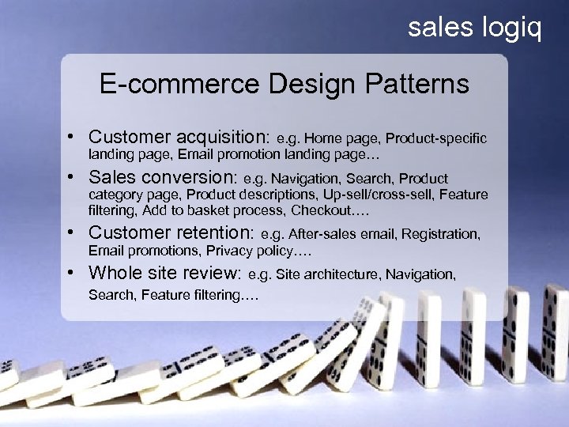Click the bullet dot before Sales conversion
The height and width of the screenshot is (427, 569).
point(71,177)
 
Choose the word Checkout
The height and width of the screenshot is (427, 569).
point(320,210)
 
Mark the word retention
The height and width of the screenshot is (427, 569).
point(213,232)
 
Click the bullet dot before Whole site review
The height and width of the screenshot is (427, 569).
point(71,274)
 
